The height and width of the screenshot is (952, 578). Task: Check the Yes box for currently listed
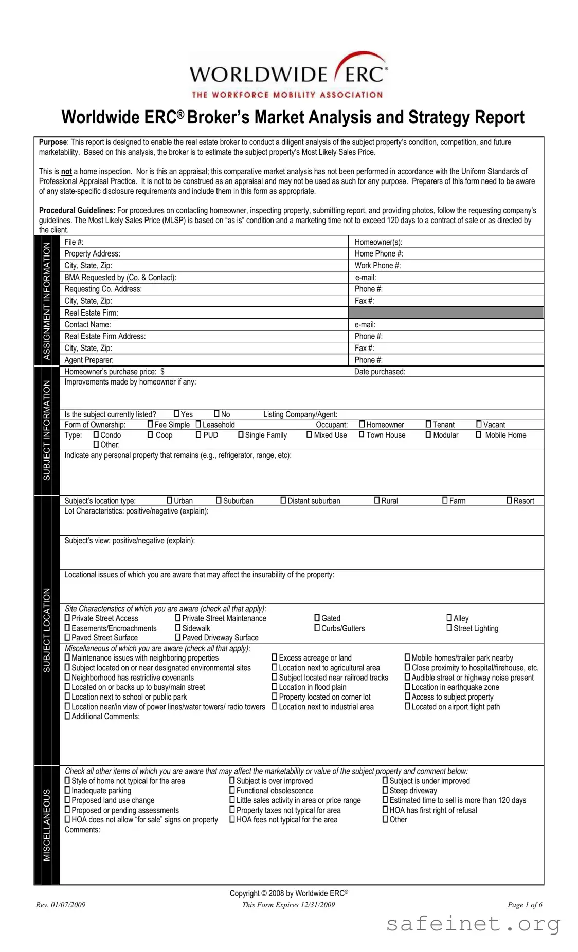(176, 414)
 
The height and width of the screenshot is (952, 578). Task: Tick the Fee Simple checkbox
(150, 424)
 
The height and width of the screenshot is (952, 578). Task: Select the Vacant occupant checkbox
(479, 424)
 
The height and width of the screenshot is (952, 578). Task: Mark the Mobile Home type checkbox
(479, 434)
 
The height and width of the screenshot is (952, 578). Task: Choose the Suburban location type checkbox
(219, 500)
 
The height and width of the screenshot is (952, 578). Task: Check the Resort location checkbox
(509, 500)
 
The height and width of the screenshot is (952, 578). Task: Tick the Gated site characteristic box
(317, 618)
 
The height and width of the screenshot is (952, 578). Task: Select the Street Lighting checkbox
(449, 628)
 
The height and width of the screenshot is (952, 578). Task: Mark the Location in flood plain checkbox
(275, 687)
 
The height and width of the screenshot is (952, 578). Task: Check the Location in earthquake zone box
(407, 687)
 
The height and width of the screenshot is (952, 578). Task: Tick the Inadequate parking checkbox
(67, 790)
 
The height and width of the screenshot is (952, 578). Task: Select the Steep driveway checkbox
(385, 790)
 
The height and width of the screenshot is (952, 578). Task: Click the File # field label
(74, 242)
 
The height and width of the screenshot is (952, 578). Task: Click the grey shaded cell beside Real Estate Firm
(446, 313)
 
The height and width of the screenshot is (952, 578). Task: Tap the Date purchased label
(380, 371)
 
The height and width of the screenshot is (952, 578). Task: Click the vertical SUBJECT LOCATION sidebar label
(47, 630)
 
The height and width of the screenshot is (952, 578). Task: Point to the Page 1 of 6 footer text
(525, 905)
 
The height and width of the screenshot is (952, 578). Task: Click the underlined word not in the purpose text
(66, 171)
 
